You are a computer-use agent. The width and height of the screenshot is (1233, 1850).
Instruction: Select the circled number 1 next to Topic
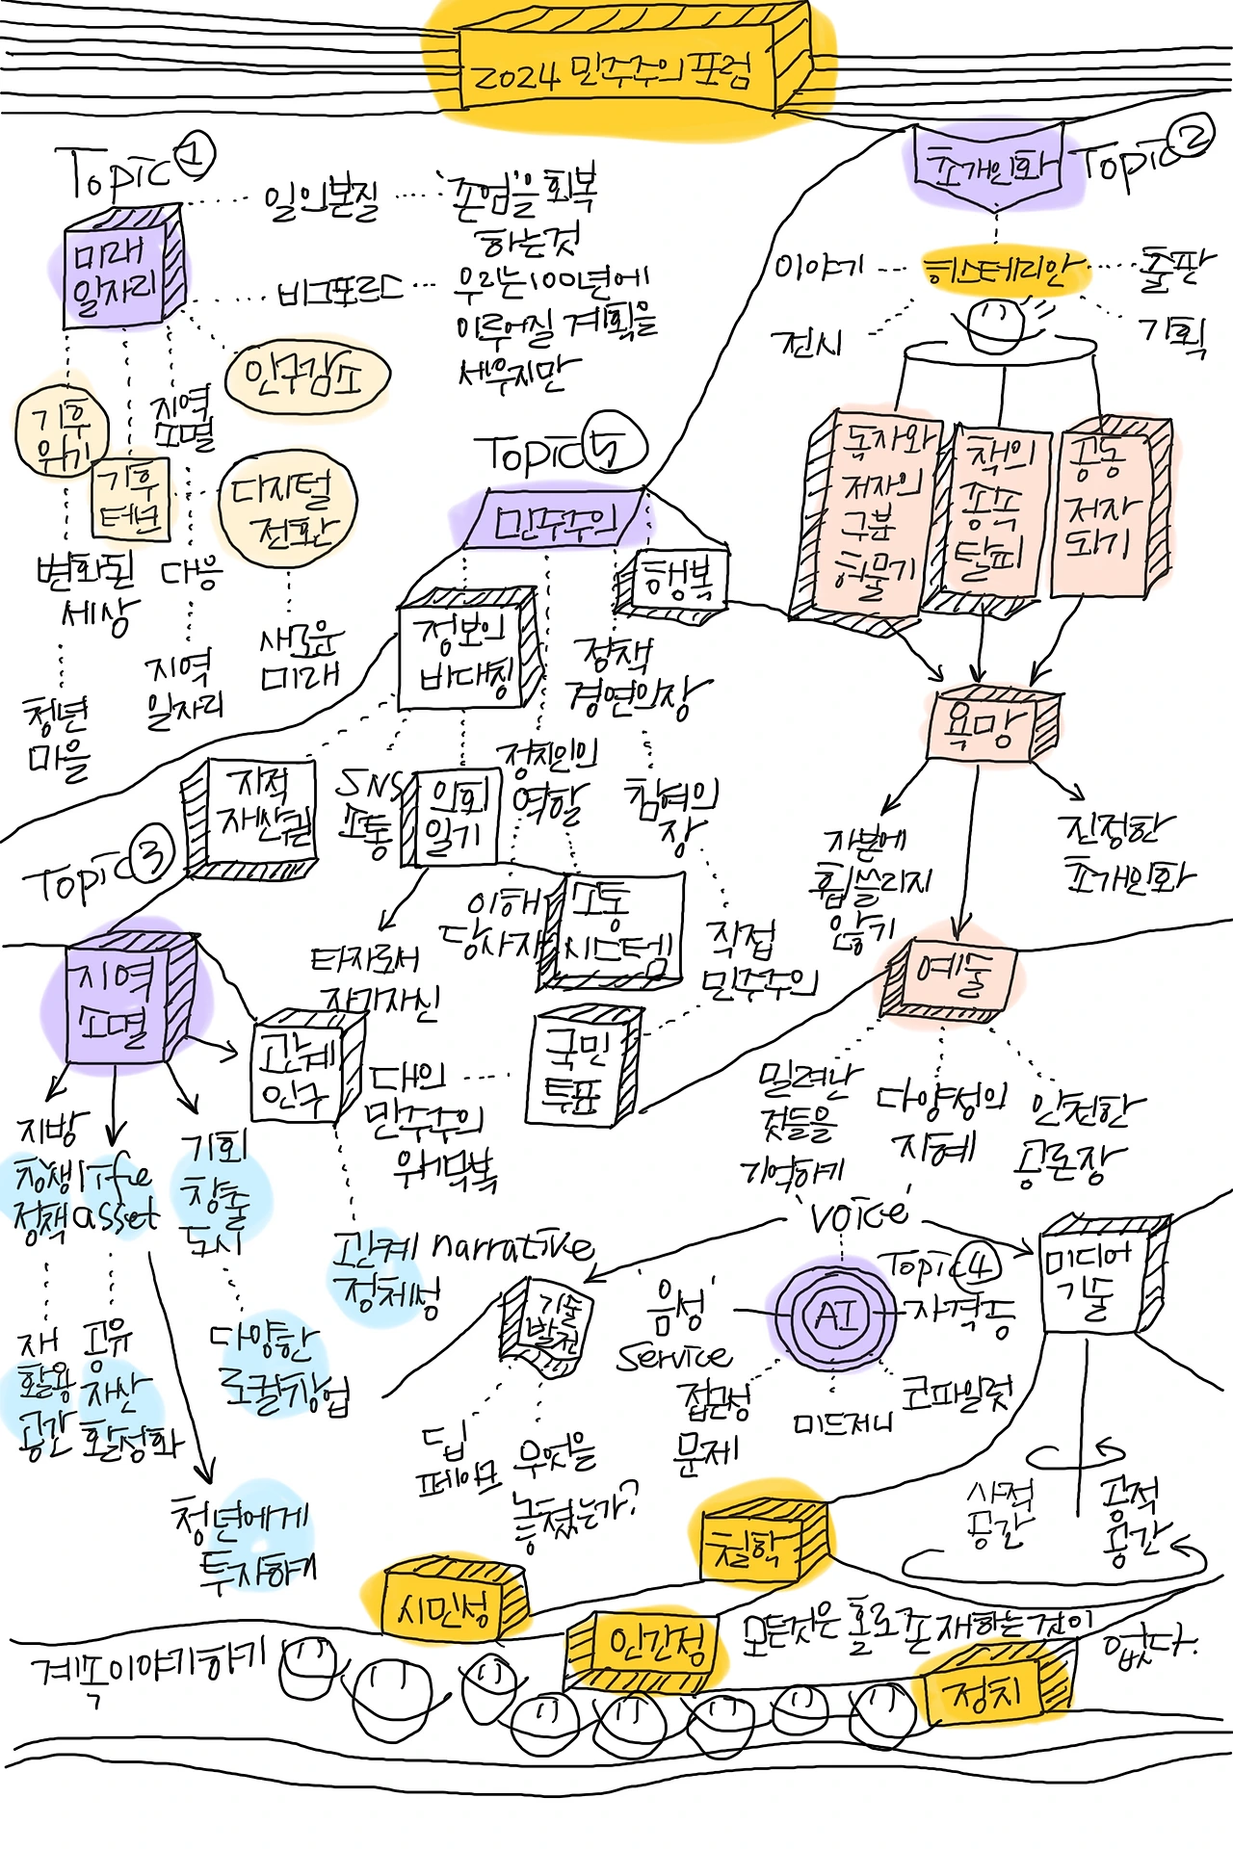click(196, 155)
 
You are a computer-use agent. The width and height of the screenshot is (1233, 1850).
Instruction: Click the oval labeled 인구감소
click(306, 378)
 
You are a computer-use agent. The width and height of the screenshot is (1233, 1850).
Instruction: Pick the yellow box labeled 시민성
click(445, 1606)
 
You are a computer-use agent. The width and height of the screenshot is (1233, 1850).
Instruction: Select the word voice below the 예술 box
click(857, 1216)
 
